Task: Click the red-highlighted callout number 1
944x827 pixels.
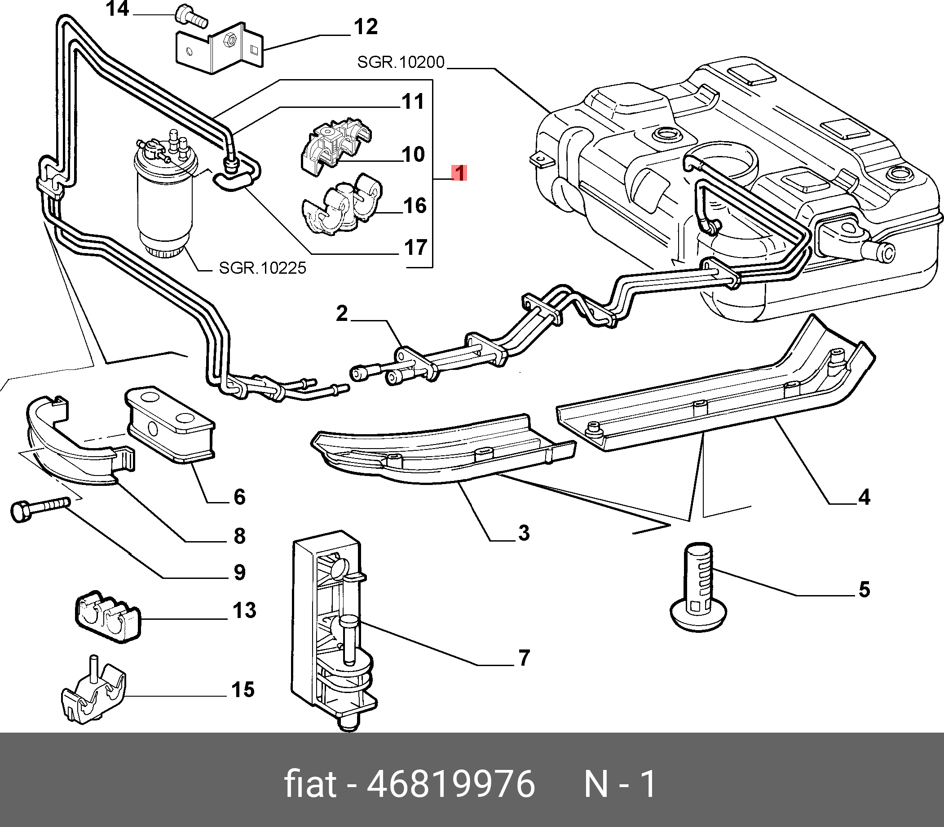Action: click(460, 173)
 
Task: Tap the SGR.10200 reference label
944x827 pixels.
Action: click(400, 62)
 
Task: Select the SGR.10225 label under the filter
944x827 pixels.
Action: click(262, 268)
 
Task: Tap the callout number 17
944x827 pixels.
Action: click(415, 247)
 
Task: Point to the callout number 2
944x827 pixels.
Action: click(342, 313)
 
